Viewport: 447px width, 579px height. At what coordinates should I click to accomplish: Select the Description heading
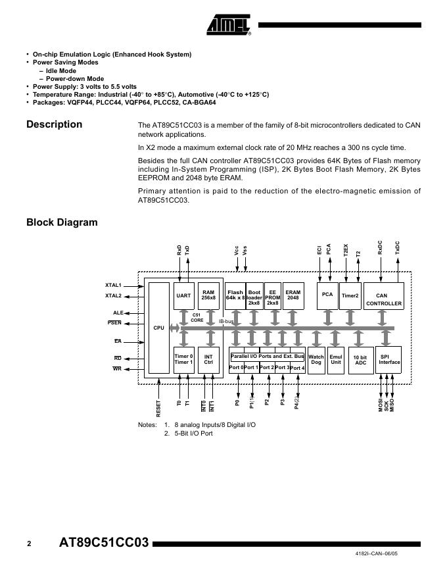pyautogui.click(x=54, y=124)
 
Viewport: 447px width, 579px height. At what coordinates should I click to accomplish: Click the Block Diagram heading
pyautogui.click(x=62, y=222)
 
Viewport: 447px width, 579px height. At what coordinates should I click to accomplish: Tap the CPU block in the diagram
pyautogui.click(x=158, y=328)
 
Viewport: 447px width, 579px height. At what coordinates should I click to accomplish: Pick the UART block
pyautogui.click(x=183, y=296)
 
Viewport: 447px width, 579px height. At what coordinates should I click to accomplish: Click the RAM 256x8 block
pyautogui.click(x=208, y=295)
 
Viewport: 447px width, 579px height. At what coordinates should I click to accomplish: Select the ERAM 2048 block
pyautogui.click(x=293, y=295)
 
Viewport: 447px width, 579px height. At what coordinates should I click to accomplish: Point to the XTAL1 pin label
pyautogui.click(x=113, y=285)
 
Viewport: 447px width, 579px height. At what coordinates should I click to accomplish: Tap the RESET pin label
pyautogui.click(x=158, y=409)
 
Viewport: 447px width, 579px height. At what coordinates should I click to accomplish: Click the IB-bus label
pyautogui.click(x=226, y=321)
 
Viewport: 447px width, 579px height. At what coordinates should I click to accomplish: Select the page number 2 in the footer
pyautogui.click(x=29, y=543)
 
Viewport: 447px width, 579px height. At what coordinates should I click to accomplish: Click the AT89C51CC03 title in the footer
pyautogui.click(x=104, y=543)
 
